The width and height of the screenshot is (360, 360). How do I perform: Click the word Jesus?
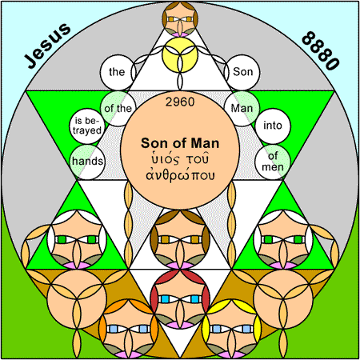[47, 46]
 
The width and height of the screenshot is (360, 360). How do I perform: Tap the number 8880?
[321, 50]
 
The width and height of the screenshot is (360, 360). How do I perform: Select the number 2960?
[180, 102]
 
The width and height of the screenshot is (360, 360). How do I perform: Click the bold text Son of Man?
[180, 143]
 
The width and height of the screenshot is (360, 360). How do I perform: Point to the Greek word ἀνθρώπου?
[180, 175]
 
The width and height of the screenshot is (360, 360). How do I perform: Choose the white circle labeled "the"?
[118, 73]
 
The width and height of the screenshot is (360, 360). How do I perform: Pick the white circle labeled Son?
[242, 73]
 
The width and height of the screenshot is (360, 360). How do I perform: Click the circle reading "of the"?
[118, 109]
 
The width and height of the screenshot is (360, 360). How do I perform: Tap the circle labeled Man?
[242, 109]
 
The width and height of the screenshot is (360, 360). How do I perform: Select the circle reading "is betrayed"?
[87, 126]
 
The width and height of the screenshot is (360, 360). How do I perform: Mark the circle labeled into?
[273, 126]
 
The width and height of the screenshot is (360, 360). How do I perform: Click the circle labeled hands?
[87, 162]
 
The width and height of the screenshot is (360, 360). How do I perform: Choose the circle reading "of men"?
[273, 162]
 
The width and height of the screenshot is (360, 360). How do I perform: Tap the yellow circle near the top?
[180, 54]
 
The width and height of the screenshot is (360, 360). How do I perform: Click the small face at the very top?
[180, 19]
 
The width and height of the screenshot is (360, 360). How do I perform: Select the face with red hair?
[180, 299]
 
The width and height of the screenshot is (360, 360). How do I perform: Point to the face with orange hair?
[129, 329]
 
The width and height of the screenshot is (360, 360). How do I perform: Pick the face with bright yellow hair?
[231, 329]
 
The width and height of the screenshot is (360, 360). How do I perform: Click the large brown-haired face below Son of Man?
[180, 239]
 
